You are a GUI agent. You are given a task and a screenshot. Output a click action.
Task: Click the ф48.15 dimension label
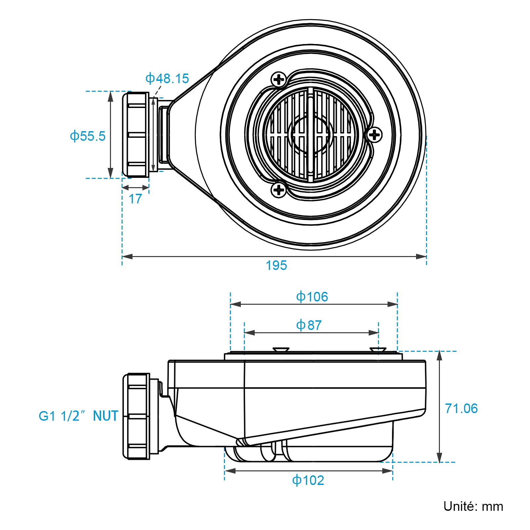click(x=167, y=79)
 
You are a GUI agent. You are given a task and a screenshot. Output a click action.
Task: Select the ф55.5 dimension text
click(x=87, y=136)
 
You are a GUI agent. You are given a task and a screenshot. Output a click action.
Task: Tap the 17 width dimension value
click(x=135, y=199)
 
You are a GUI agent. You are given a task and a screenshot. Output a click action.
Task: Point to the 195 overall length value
click(x=276, y=265)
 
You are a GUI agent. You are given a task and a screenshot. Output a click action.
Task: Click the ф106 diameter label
click(x=312, y=297)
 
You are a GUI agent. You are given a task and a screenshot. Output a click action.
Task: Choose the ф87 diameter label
click(x=309, y=325)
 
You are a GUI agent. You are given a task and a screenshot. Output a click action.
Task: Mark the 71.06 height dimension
click(x=461, y=408)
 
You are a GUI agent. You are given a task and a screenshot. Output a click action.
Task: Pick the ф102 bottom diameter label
click(x=308, y=480)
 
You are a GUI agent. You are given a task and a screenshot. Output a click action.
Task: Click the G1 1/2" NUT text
click(x=79, y=416)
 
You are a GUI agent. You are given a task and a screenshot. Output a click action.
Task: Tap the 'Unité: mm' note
click(x=473, y=506)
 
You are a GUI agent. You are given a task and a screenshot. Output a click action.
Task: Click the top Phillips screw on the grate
click(x=279, y=79)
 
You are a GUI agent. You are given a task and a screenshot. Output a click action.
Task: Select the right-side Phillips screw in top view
click(x=374, y=135)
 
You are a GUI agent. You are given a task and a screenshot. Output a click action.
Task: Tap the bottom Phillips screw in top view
click(x=279, y=190)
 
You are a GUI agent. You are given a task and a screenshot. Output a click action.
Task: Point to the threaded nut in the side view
click(x=136, y=416)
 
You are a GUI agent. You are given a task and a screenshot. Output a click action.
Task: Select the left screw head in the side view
click(x=281, y=349)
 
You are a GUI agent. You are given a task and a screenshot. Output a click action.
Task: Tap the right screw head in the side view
click(x=378, y=349)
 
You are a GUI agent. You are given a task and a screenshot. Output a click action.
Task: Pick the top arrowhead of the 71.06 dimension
click(x=439, y=355)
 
